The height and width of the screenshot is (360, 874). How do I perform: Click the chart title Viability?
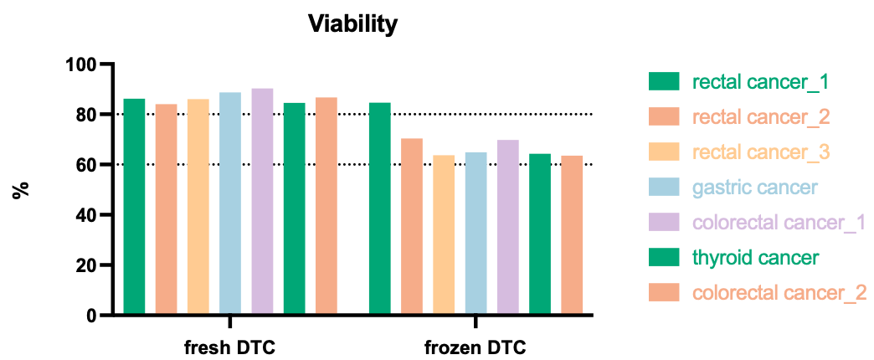(352, 24)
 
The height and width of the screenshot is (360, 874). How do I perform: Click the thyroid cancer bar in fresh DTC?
(294, 208)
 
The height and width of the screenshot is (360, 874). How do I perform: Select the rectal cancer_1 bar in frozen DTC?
(380, 208)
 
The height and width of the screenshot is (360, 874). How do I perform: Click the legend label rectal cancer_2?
(761, 116)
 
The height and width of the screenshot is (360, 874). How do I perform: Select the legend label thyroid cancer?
(755, 257)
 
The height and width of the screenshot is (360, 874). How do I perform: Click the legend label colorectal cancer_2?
(779, 292)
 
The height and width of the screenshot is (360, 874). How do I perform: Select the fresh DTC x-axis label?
(229, 347)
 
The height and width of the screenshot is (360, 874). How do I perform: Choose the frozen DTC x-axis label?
(475, 347)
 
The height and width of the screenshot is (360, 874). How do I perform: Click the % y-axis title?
(22, 189)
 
